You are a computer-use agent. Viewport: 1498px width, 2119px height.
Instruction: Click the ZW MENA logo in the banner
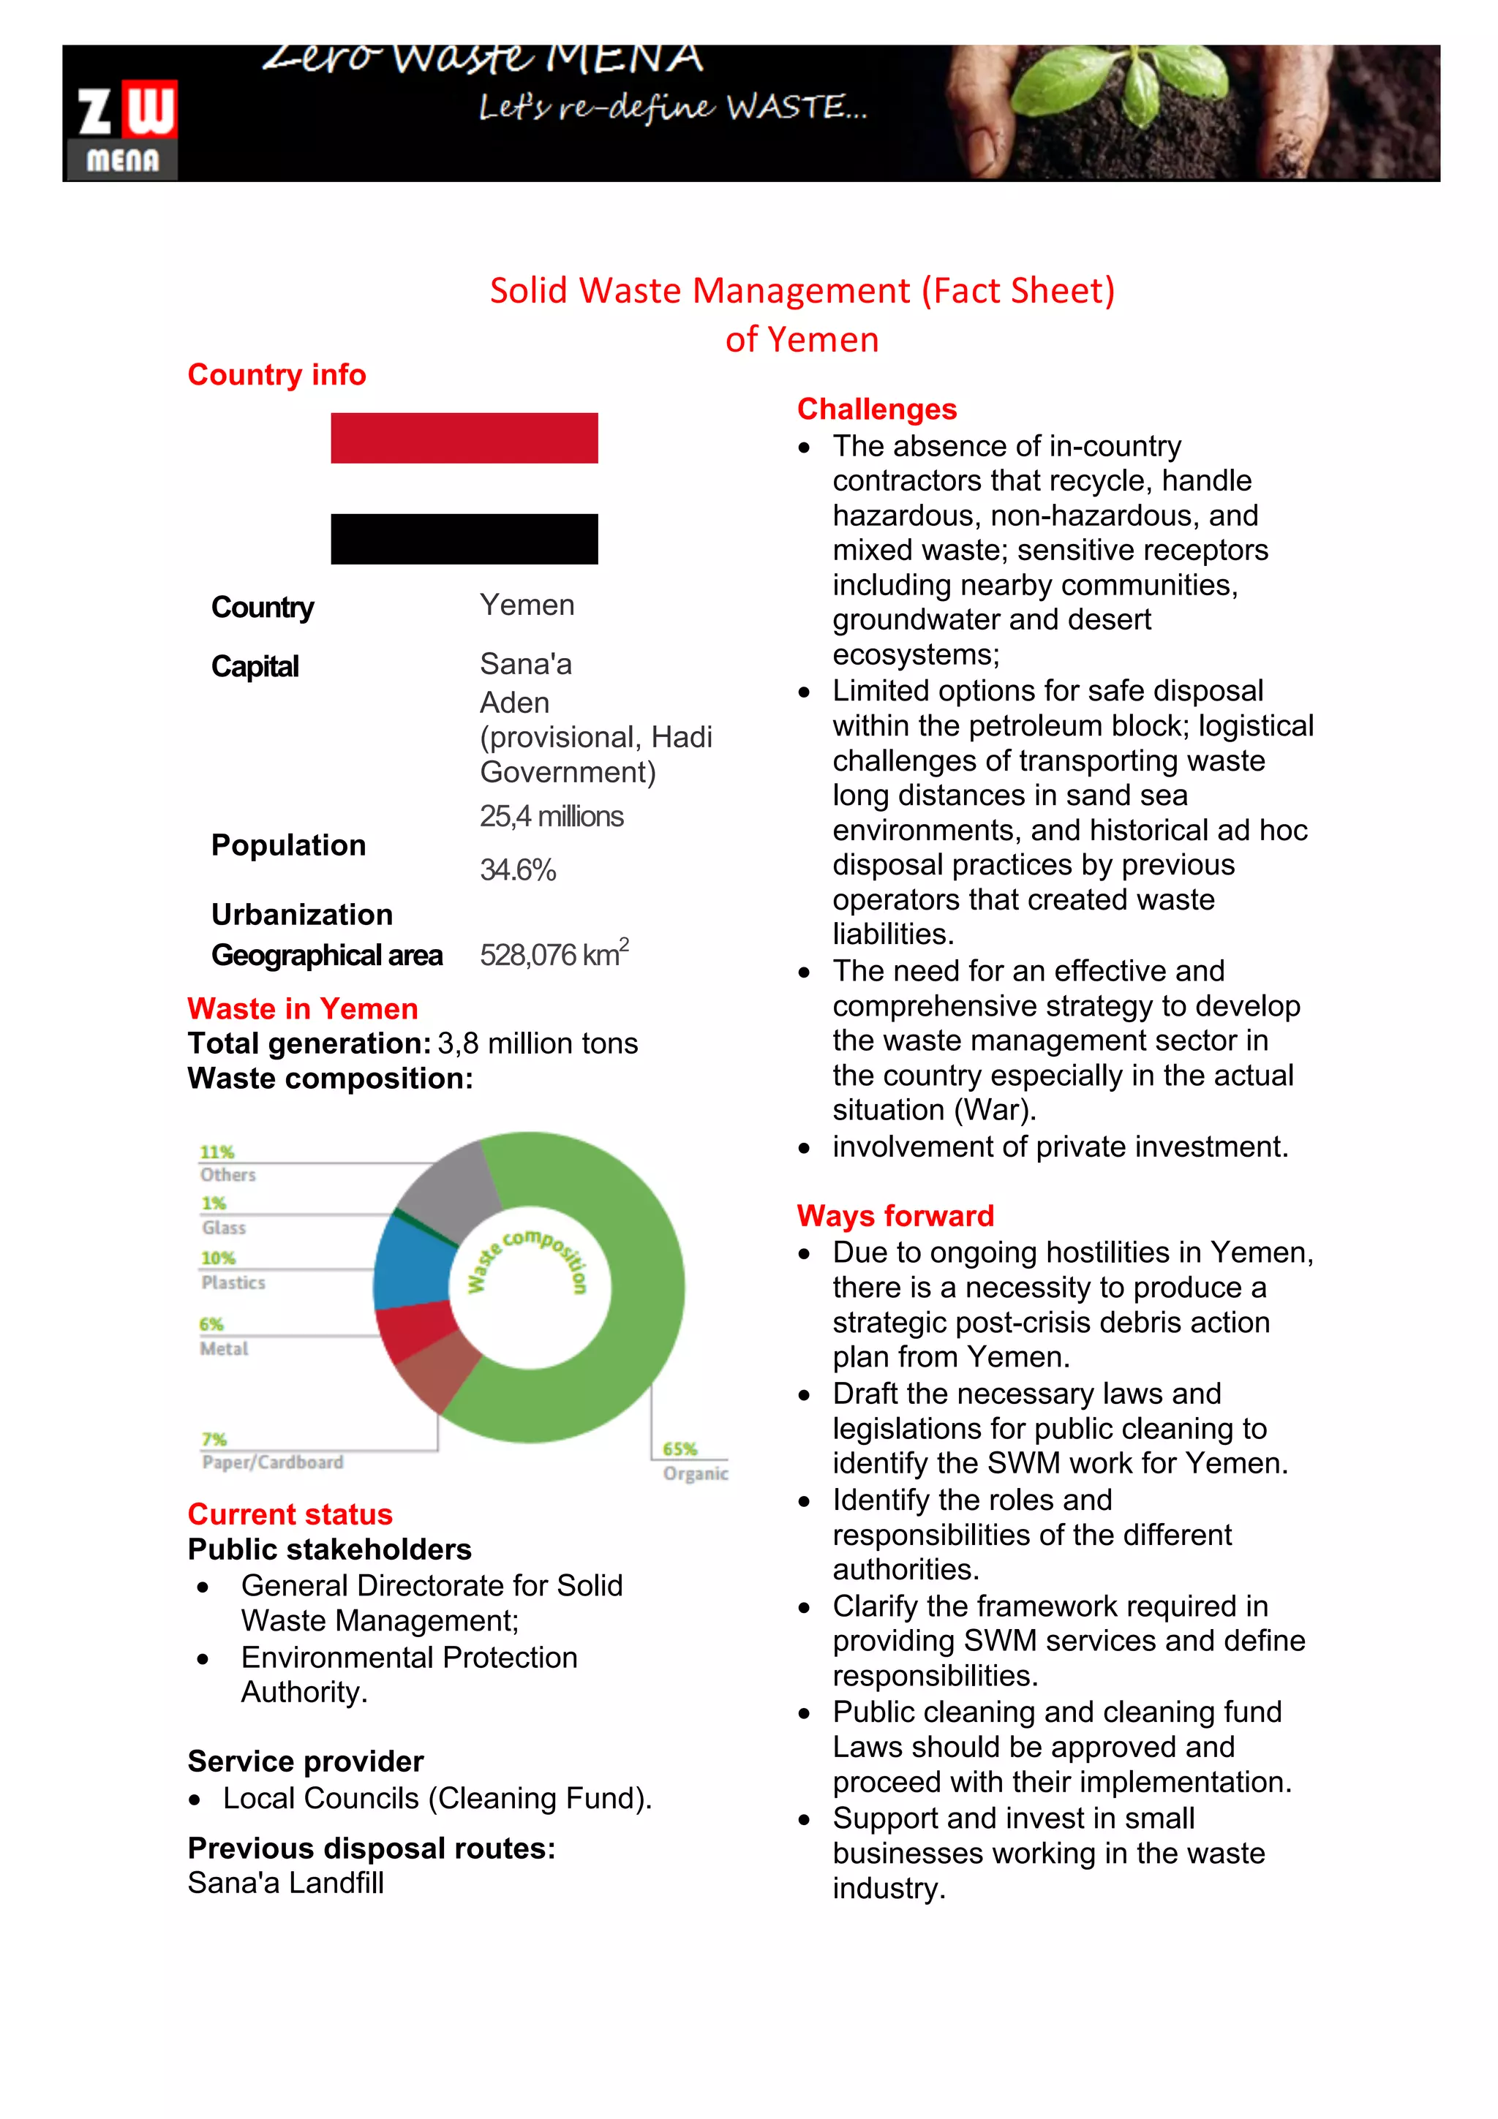coord(124,129)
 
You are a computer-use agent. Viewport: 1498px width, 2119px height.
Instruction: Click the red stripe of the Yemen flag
coord(464,437)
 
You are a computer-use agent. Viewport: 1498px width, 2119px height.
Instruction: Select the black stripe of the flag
coord(464,539)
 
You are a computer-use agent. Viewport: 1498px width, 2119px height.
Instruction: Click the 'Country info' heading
coord(277,374)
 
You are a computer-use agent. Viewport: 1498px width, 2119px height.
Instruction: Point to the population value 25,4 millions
coord(551,817)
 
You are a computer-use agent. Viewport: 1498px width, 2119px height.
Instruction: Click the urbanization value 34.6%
coord(518,870)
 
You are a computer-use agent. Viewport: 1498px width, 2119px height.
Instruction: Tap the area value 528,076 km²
coord(554,953)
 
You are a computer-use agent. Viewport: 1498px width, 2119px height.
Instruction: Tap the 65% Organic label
coord(694,1461)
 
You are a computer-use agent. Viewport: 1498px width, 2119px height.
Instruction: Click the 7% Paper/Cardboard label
coord(271,1451)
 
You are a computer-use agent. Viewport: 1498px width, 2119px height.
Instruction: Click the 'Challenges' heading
coord(876,409)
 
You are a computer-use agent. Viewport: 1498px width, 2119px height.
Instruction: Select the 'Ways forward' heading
coord(895,1215)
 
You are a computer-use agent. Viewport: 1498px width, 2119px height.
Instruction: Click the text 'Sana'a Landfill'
coord(285,1883)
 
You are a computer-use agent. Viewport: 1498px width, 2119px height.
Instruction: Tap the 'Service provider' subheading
coord(306,1761)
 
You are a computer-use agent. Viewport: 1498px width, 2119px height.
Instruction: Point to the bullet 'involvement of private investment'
coord(1060,1147)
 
